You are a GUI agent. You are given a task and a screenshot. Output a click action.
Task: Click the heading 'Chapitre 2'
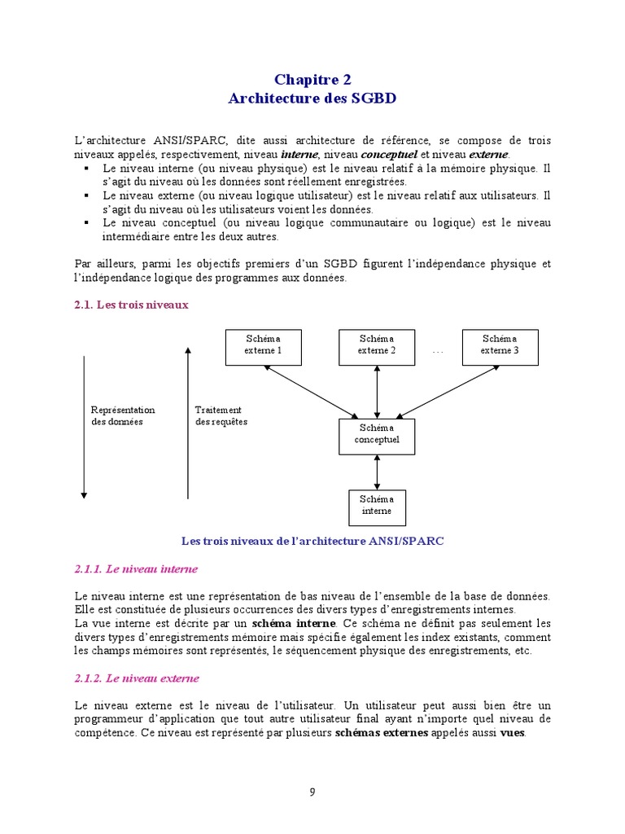[x=312, y=79]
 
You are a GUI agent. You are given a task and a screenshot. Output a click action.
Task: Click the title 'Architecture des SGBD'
[x=312, y=99]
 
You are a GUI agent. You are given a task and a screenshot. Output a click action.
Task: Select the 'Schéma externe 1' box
[x=263, y=345]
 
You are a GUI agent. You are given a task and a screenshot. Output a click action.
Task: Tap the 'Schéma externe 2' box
[x=377, y=345]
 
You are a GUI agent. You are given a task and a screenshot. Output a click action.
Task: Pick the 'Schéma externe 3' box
[x=499, y=345]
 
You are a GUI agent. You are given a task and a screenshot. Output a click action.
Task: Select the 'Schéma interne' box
[x=377, y=507]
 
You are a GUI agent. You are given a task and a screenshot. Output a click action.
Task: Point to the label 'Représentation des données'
[x=123, y=416]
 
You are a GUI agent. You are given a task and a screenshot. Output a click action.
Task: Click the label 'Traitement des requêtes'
[x=221, y=416]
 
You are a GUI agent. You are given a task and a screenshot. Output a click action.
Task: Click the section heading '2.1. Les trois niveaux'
[x=131, y=305]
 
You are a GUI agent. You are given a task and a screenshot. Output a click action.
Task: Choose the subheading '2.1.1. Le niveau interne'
[x=136, y=568]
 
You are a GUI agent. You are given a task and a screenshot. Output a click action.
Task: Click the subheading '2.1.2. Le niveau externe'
[x=137, y=678]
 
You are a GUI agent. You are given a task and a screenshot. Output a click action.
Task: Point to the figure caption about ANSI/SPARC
[x=312, y=541]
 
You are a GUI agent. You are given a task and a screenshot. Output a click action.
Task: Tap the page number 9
[x=312, y=791]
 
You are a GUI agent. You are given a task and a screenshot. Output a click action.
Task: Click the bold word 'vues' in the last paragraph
[x=513, y=732]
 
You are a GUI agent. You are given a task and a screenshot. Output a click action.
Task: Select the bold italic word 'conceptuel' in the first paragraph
[x=389, y=155]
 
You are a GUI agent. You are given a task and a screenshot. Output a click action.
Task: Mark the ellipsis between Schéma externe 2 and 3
[x=438, y=350]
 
